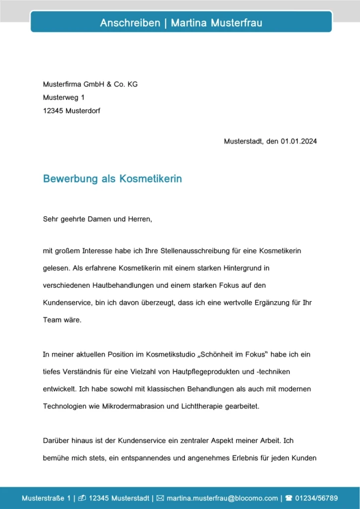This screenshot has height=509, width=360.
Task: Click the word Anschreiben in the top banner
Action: click(x=130, y=23)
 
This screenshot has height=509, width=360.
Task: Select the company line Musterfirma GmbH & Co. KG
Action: click(x=90, y=85)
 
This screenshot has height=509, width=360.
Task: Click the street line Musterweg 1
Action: click(x=64, y=98)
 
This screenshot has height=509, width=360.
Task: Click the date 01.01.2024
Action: click(x=298, y=141)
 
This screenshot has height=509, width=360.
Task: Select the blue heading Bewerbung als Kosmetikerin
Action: click(x=112, y=179)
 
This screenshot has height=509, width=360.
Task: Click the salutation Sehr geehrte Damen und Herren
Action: click(x=97, y=219)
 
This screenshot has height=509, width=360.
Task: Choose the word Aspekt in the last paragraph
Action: click(x=241, y=441)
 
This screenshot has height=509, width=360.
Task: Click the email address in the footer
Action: click(x=222, y=498)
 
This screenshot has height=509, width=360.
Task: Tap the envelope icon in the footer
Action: click(x=160, y=498)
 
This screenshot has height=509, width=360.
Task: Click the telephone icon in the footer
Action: click(x=288, y=498)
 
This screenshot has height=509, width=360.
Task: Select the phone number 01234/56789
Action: click(x=317, y=498)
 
